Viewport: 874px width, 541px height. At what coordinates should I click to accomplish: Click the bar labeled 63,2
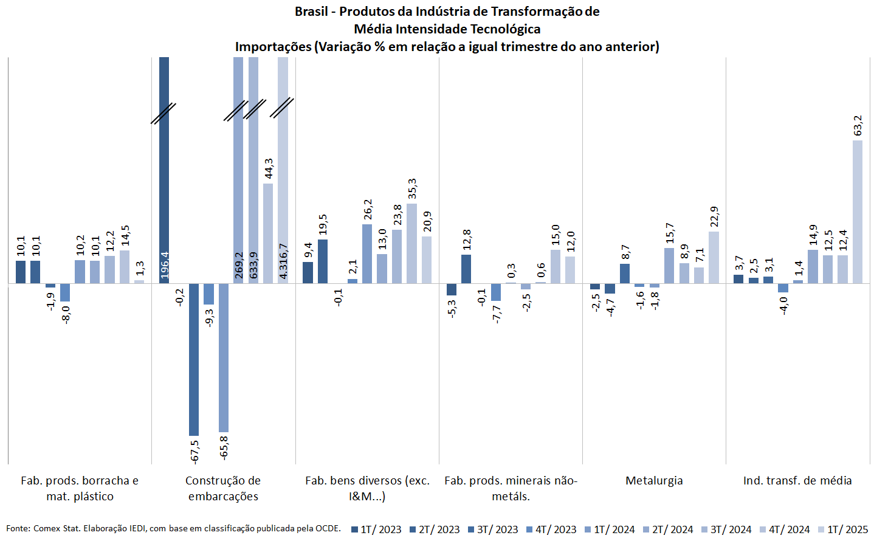click(x=857, y=212)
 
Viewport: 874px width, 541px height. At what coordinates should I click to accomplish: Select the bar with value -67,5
click(x=194, y=359)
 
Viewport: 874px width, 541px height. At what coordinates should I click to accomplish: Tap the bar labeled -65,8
click(x=224, y=357)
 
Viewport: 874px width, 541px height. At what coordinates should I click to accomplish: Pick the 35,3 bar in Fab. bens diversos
click(x=411, y=243)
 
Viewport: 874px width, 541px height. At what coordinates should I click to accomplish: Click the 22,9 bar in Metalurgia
click(x=714, y=257)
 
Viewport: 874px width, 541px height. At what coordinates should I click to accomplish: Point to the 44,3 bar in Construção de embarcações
click(x=268, y=233)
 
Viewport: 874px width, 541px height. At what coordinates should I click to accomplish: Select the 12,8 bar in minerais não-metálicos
click(x=466, y=269)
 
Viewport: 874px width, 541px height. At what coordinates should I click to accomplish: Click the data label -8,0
click(x=66, y=314)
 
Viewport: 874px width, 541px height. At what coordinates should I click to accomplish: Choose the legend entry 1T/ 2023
click(x=376, y=529)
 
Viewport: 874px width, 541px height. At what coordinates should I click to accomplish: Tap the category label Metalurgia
click(x=654, y=481)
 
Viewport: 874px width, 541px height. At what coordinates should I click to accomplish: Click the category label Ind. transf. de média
click(x=797, y=481)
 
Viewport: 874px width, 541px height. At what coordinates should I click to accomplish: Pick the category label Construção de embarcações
click(x=223, y=488)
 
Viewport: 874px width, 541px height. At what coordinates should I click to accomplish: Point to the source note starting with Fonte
click(x=173, y=528)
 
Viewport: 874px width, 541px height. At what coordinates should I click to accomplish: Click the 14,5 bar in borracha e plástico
click(x=125, y=267)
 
